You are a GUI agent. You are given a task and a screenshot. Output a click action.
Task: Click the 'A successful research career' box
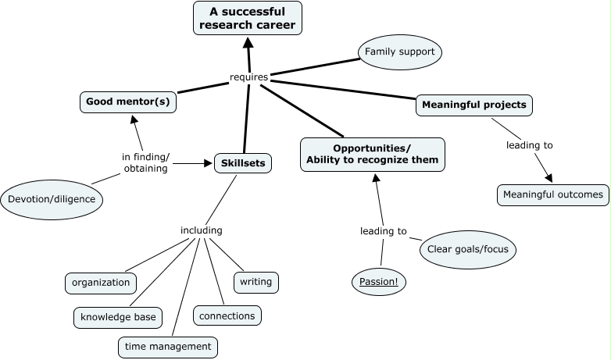pyautogui.click(x=247, y=18)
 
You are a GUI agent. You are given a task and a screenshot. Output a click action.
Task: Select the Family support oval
pyautogui.click(x=400, y=52)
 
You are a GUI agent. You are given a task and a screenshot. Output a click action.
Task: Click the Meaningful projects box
pyautogui.click(x=474, y=104)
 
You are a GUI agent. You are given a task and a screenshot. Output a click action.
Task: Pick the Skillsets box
pyautogui.click(x=243, y=163)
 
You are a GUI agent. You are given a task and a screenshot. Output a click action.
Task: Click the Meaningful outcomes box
pyautogui.click(x=552, y=194)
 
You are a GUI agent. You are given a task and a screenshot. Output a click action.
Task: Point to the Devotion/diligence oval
pyautogui.click(x=52, y=199)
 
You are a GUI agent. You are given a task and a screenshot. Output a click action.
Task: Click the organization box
pyautogui.click(x=101, y=283)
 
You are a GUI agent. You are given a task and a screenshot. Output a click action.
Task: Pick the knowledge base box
pyautogui.click(x=118, y=318)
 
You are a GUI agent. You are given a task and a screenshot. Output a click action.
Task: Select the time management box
pyautogui.click(x=167, y=346)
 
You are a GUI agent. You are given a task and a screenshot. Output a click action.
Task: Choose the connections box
pyautogui.click(x=227, y=315)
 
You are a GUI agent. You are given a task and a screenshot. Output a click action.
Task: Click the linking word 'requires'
pyautogui.click(x=249, y=77)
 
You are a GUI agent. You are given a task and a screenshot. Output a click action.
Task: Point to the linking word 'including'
pyautogui.click(x=201, y=230)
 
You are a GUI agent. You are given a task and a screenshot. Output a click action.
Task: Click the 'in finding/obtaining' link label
pyautogui.click(x=145, y=162)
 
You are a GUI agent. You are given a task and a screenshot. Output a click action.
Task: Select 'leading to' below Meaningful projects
pyautogui.click(x=529, y=145)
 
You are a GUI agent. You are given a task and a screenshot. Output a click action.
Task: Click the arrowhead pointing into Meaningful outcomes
pyautogui.click(x=548, y=179)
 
